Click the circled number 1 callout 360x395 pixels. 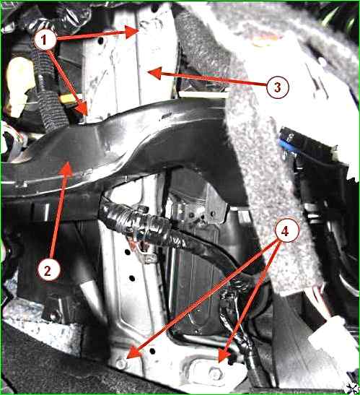[45, 40]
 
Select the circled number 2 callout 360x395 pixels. [48, 271]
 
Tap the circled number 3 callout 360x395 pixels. [278, 87]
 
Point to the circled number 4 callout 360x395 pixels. [285, 231]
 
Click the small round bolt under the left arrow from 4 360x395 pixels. [121, 363]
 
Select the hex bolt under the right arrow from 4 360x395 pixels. [216, 373]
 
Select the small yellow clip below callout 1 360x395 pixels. [68, 99]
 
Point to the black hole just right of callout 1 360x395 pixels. [101, 40]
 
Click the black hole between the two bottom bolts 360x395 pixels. [152, 351]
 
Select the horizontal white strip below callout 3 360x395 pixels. [204, 95]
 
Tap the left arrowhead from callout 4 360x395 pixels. [134, 353]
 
